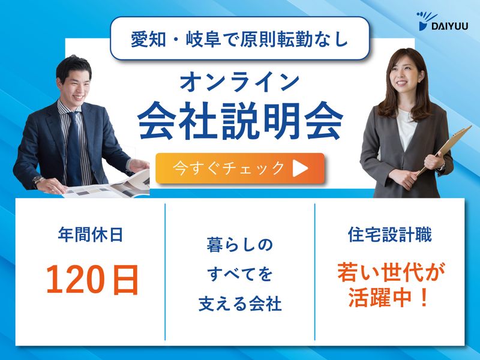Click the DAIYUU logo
[x=441, y=21]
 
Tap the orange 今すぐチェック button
[x=239, y=168]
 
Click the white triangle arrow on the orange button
[x=300, y=169]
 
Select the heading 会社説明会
[x=240, y=121]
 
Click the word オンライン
[x=240, y=81]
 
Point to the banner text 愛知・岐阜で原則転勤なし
[x=239, y=38]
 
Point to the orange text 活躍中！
[x=389, y=297]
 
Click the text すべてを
[x=239, y=275]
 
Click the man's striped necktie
[x=74, y=147]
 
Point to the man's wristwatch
[x=38, y=180]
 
